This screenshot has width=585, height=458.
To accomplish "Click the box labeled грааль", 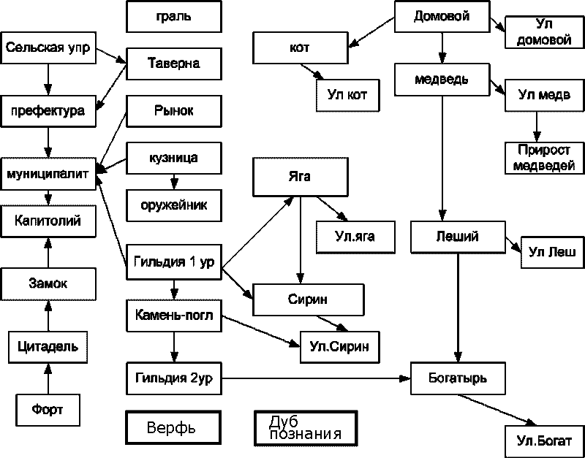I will point(173,17).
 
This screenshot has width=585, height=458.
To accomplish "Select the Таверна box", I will point(173,64).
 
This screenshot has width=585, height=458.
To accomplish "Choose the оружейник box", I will point(173,205).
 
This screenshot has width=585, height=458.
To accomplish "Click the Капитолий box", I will point(48,220).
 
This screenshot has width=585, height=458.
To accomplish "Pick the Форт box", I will point(48,410).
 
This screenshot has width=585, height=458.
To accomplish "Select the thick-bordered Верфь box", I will point(172,427).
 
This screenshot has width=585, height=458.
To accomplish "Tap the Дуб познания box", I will point(307,429).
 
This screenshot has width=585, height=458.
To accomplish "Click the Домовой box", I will point(442,17).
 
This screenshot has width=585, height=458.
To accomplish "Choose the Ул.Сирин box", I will point(334,346).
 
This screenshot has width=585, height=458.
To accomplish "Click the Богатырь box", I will point(458,379).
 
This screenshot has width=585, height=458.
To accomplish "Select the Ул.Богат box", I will point(544,440).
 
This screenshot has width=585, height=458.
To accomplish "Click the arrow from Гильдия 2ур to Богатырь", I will point(314,379).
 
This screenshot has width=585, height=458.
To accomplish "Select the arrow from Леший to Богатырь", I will point(458,307).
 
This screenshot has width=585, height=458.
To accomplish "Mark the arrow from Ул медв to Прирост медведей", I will point(537,126).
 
